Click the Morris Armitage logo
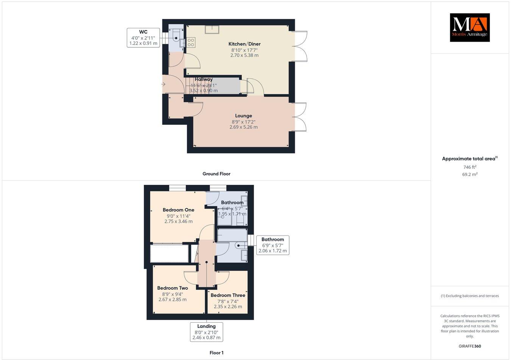click(469, 28)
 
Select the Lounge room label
click(243, 116)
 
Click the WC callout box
click(143, 37)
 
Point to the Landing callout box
click(206, 332)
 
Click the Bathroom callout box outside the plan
click(273, 245)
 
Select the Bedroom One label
click(178, 210)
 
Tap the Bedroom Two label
click(172, 288)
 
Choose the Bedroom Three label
click(228, 295)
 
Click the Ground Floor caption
click(216, 174)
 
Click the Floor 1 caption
click(217, 353)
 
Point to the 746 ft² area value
click(470, 167)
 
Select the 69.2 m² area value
click(470, 174)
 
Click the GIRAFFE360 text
click(470, 346)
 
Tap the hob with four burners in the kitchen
click(190, 42)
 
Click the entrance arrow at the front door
click(163, 84)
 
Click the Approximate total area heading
click(469, 159)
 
